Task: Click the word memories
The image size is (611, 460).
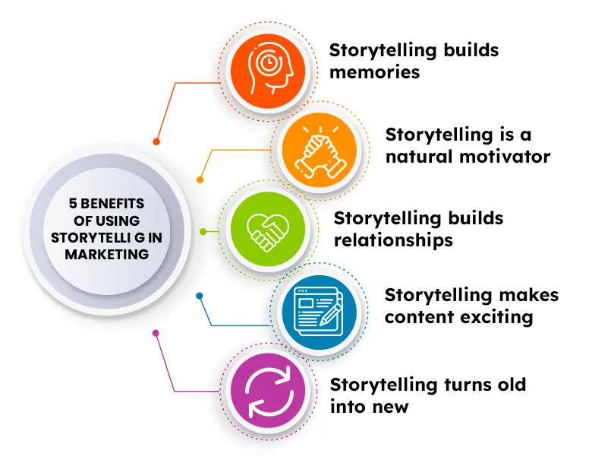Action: click(373, 73)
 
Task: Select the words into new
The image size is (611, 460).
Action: click(369, 407)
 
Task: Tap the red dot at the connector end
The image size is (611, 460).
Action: click(156, 141)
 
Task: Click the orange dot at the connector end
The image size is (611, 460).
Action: click(200, 180)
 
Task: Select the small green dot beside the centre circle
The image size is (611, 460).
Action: click(203, 231)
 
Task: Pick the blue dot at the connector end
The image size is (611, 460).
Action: click(200, 295)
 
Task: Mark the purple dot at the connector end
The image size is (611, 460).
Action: click(156, 333)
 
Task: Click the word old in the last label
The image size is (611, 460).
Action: click(512, 385)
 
